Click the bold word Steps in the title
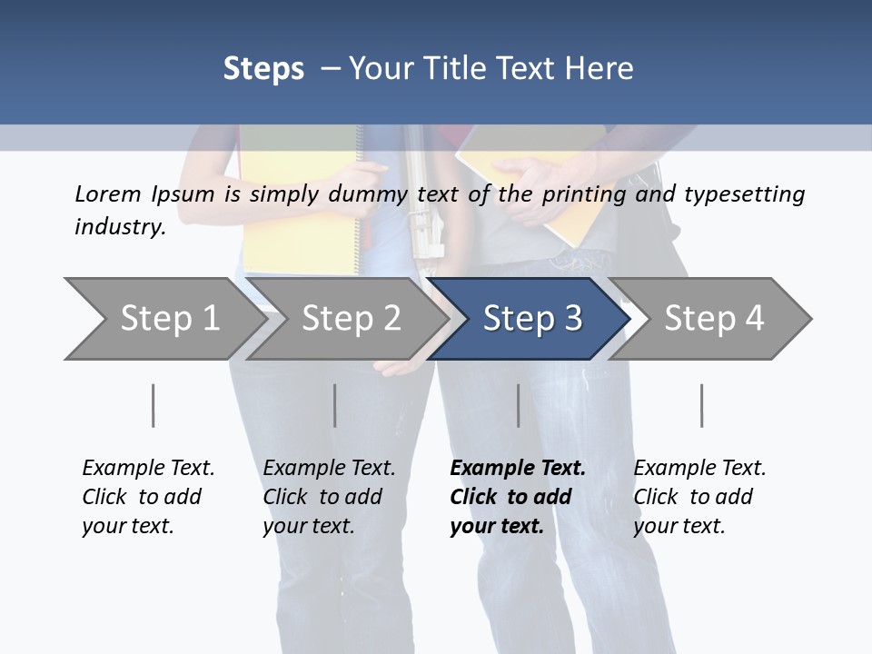263,69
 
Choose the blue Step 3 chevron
532,319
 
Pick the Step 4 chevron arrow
714,319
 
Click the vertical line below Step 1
154,405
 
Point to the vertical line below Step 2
335,405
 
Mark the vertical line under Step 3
518,405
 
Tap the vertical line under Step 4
701,405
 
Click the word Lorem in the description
108,193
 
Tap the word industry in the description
120,226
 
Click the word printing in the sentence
581,193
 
